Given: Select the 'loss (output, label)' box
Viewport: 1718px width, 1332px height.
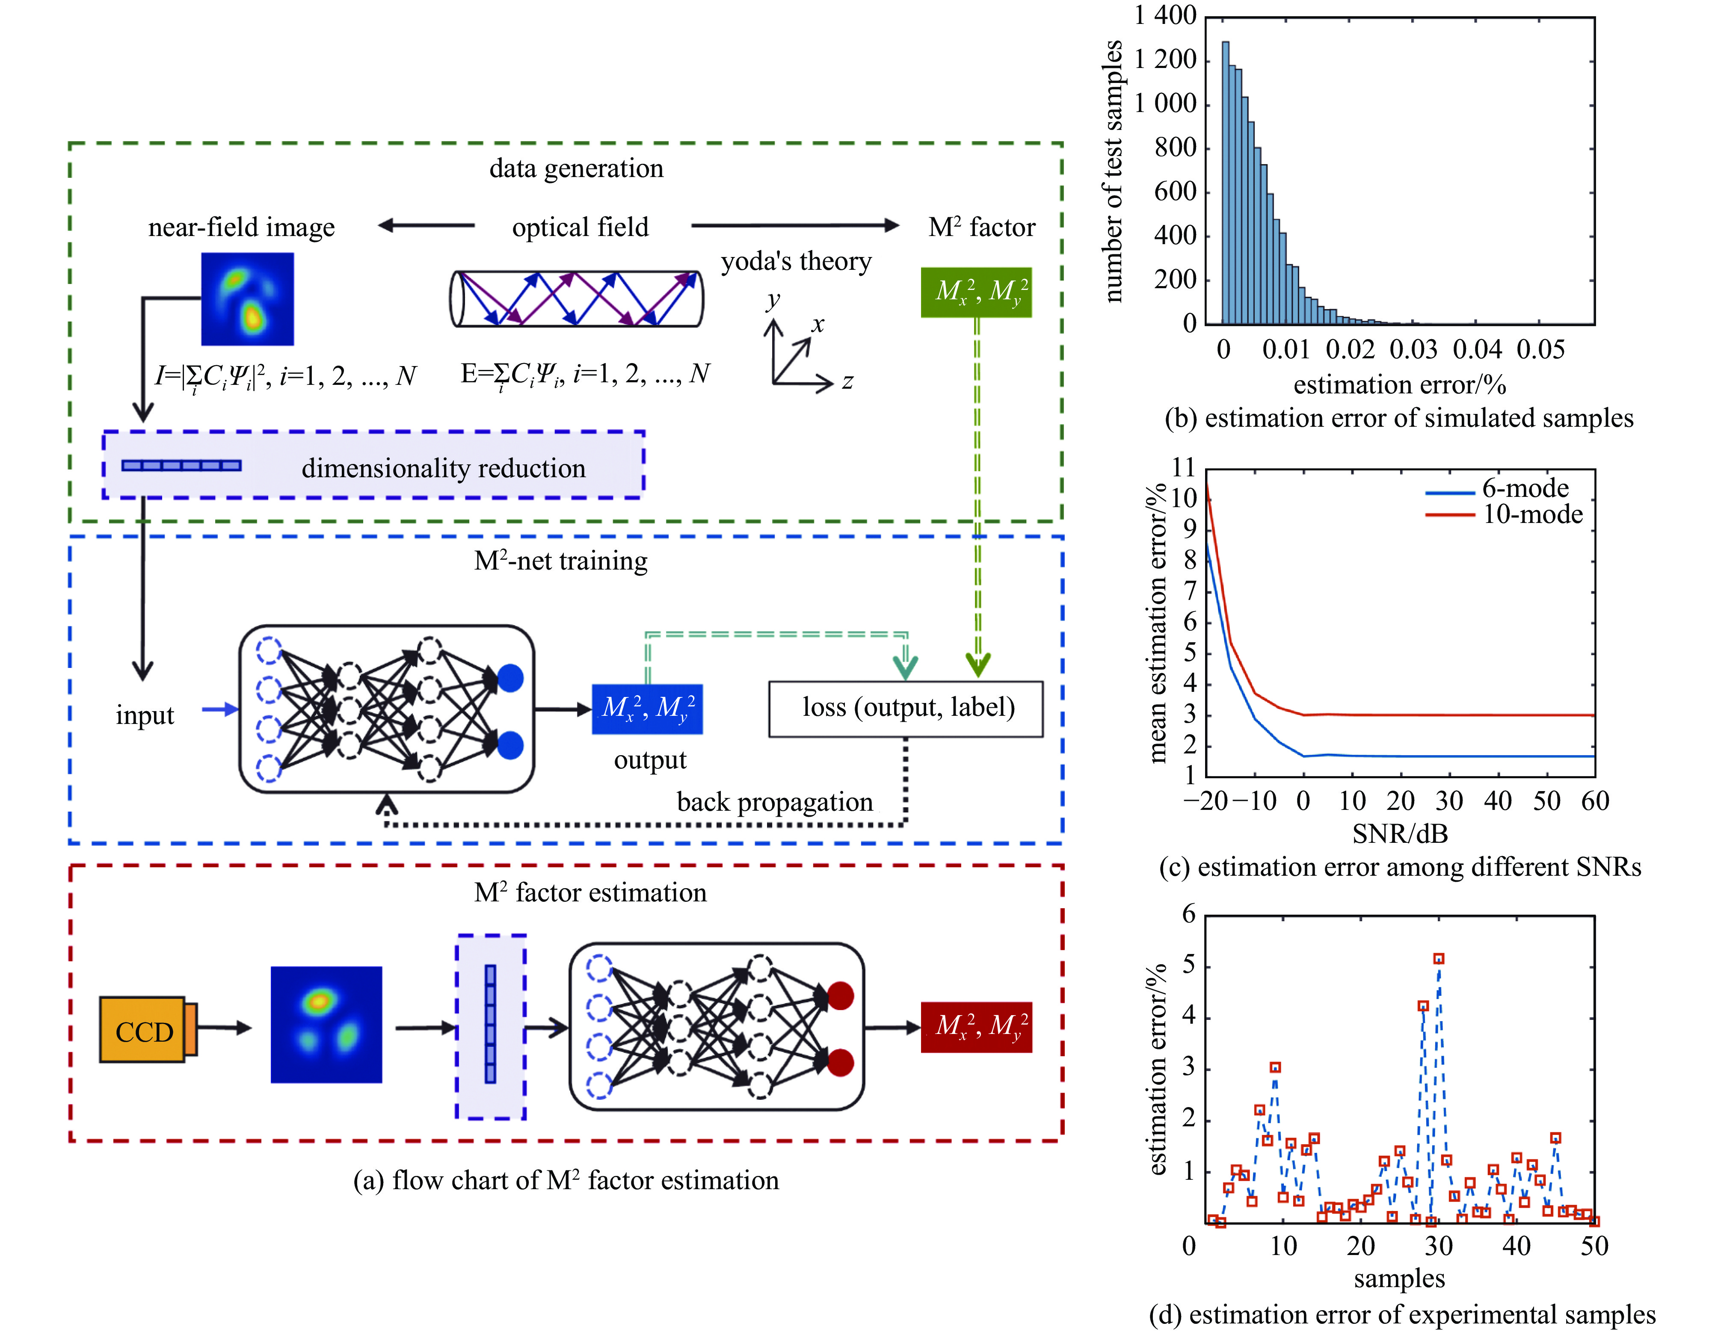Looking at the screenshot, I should [906, 709].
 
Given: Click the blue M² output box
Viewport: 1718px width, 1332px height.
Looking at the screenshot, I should [647, 709].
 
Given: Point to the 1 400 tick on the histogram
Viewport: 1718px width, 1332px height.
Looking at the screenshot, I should [1165, 16].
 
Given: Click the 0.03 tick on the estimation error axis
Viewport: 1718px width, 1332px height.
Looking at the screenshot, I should [1413, 349].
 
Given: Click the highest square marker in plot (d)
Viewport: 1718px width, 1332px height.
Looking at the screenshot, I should [1439, 959].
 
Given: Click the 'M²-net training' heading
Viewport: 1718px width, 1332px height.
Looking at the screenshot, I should [561, 561].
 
